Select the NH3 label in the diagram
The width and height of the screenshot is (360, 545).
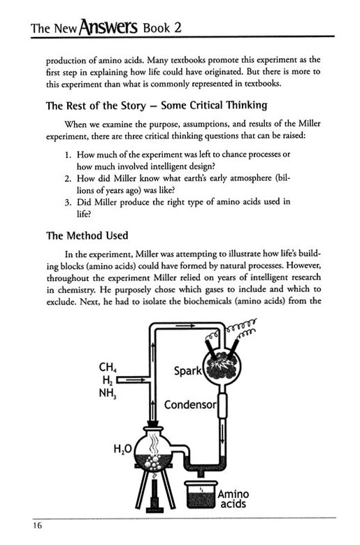coord(107,393)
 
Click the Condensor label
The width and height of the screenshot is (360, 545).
coord(191,405)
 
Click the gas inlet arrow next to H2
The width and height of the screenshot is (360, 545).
coord(134,380)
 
